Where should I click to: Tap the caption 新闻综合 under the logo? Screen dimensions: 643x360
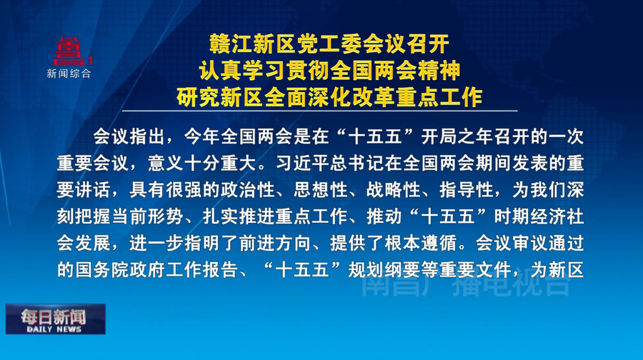point(69,74)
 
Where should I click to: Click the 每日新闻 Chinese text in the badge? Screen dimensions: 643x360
point(54,316)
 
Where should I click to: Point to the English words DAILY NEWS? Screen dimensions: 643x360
point(54,329)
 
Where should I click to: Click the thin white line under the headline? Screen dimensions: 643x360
point(320,111)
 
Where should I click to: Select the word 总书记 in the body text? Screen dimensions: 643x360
point(357,164)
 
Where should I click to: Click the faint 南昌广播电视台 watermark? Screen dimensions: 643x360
point(465,285)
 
